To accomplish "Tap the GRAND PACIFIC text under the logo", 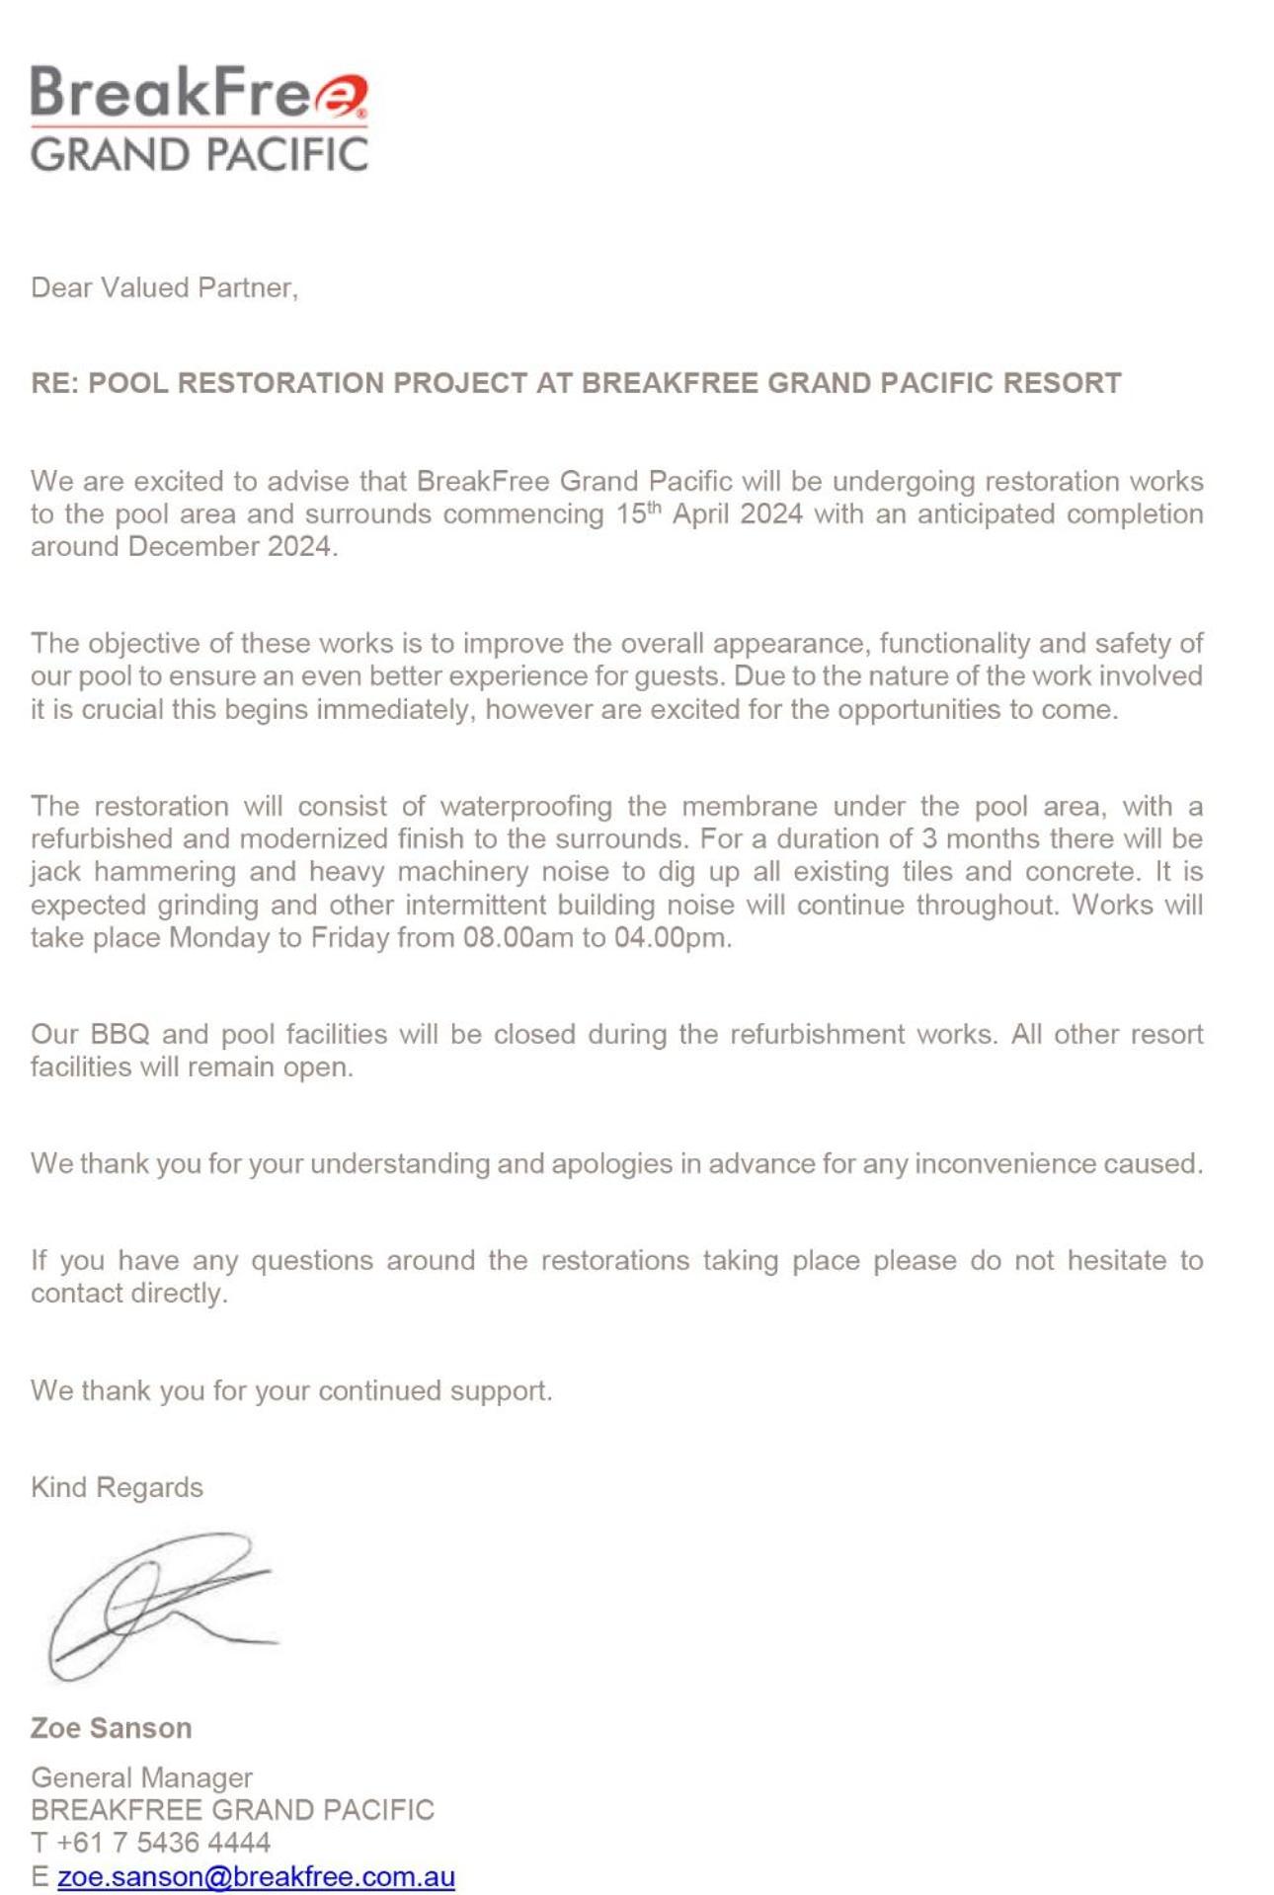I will tap(199, 155).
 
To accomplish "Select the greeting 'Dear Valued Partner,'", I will tap(164, 287).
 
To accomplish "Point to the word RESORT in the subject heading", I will tap(1062, 383).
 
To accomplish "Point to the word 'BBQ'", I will tap(119, 1034).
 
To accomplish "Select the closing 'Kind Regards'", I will tap(117, 1487).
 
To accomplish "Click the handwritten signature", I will tap(158, 1605).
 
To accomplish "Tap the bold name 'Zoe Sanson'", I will tap(112, 1728).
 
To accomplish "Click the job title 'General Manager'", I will tap(141, 1777).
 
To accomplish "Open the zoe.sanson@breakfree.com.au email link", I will tap(256, 1876).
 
